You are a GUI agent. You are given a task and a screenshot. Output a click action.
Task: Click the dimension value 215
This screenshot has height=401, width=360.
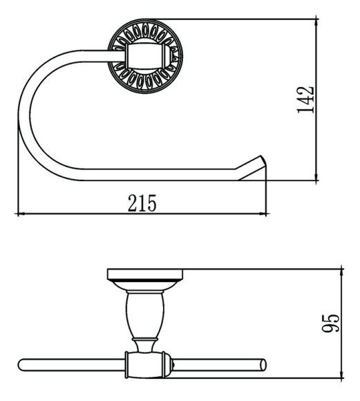pyautogui.click(x=142, y=203)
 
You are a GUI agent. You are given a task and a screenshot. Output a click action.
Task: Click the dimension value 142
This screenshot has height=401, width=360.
pyautogui.click(x=305, y=100)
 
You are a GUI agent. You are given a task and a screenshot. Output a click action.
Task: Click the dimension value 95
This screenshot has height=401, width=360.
pyautogui.click(x=330, y=324)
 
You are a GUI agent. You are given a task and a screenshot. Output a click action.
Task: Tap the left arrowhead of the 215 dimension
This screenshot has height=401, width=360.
pyautogui.click(x=21, y=213)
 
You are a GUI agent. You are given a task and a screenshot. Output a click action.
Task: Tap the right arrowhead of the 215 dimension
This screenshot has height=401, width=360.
pyautogui.click(x=263, y=213)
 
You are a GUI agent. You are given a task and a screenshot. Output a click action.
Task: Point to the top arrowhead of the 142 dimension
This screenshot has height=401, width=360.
pyautogui.click(x=316, y=23)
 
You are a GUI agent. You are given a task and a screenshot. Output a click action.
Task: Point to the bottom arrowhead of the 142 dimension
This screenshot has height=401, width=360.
pyautogui.click(x=316, y=176)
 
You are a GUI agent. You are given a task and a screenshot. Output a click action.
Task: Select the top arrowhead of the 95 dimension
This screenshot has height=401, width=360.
pyautogui.click(x=341, y=273)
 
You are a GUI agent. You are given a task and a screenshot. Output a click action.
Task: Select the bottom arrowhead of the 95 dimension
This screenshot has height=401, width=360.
pyautogui.click(x=341, y=373)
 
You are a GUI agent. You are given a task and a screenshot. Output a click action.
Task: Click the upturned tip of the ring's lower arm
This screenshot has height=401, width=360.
pyautogui.click(x=260, y=156)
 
